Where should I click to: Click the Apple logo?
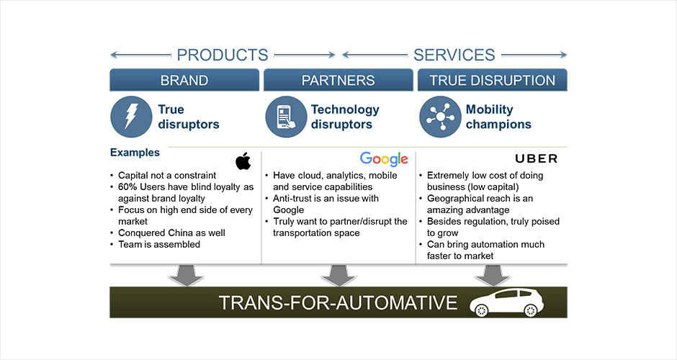(x=243, y=161)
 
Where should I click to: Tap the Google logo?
(x=384, y=159)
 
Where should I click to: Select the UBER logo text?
(x=537, y=159)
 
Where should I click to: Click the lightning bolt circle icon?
(x=131, y=117)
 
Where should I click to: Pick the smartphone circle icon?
(x=286, y=117)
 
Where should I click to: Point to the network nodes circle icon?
(x=440, y=117)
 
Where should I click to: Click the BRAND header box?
(x=184, y=80)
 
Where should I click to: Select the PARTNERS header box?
(x=338, y=80)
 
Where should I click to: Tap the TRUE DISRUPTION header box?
(x=492, y=80)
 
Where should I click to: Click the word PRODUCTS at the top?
(x=223, y=55)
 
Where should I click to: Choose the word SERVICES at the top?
(x=454, y=55)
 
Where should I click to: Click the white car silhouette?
(x=506, y=302)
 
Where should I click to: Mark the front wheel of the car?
(x=481, y=310)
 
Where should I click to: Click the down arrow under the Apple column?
(x=186, y=275)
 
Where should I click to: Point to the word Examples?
(x=135, y=153)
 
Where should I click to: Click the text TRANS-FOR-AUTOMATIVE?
(x=338, y=302)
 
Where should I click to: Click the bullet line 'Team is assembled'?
(x=159, y=244)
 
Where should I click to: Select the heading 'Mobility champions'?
(x=498, y=117)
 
